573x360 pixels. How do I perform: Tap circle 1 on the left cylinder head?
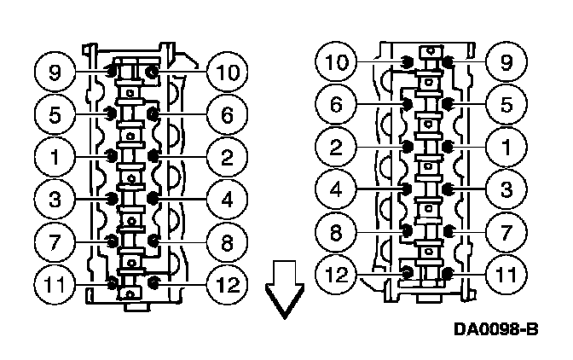55,155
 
